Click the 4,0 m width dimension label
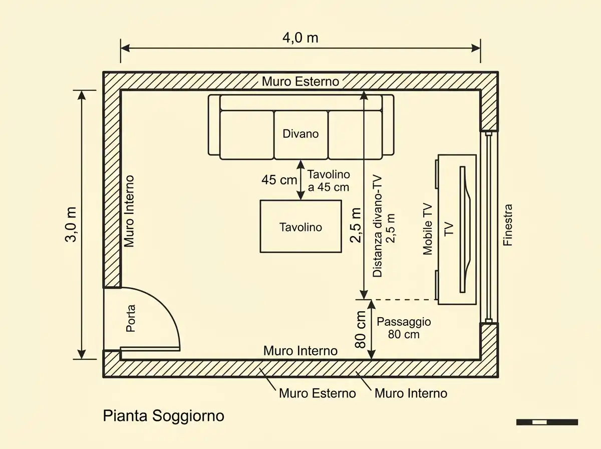tap(300, 38)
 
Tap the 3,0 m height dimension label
tap(71, 224)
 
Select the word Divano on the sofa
tap(300, 134)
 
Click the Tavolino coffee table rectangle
tap(300, 227)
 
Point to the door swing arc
tap(168, 310)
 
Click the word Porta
tap(131, 318)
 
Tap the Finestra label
tap(508, 225)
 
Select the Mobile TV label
tap(428, 230)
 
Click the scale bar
tap(547, 422)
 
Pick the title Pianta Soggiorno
tap(163, 415)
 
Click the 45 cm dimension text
tap(279, 180)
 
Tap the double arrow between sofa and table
tap(300, 180)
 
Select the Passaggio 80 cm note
tap(404, 328)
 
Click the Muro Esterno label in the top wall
tap(300, 81)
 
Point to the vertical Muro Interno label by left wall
tap(129, 211)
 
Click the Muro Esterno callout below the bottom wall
tap(318, 393)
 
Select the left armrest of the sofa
tap(214, 125)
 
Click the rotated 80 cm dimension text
tap(361, 329)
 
